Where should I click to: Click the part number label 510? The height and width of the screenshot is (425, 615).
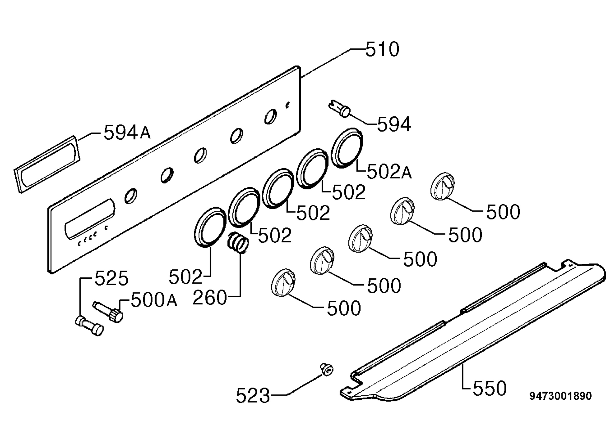coord(382,49)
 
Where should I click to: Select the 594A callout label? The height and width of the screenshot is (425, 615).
coord(127,132)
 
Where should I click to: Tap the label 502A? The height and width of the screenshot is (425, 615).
coord(389,172)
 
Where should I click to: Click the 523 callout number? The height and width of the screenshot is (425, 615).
coord(253,396)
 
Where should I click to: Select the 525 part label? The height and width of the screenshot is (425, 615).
coord(111,278)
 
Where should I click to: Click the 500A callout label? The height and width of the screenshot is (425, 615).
coord(154,300)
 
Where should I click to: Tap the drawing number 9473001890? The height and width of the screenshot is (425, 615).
coord(560,396)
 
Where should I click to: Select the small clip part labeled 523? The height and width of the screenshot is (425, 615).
coord(326,369)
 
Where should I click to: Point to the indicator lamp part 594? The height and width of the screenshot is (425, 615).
coord(340,109)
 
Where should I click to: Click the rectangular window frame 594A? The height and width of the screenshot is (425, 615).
coord(47,164)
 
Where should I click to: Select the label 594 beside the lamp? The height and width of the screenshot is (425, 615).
coord(394,124)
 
